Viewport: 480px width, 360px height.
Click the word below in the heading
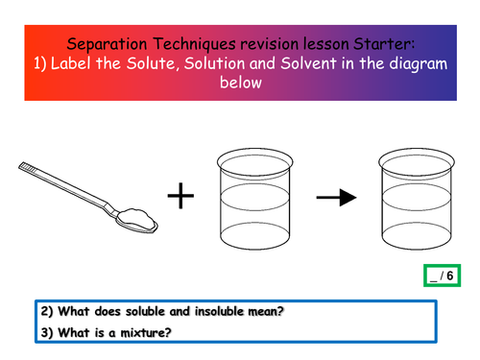pos(239,85)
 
